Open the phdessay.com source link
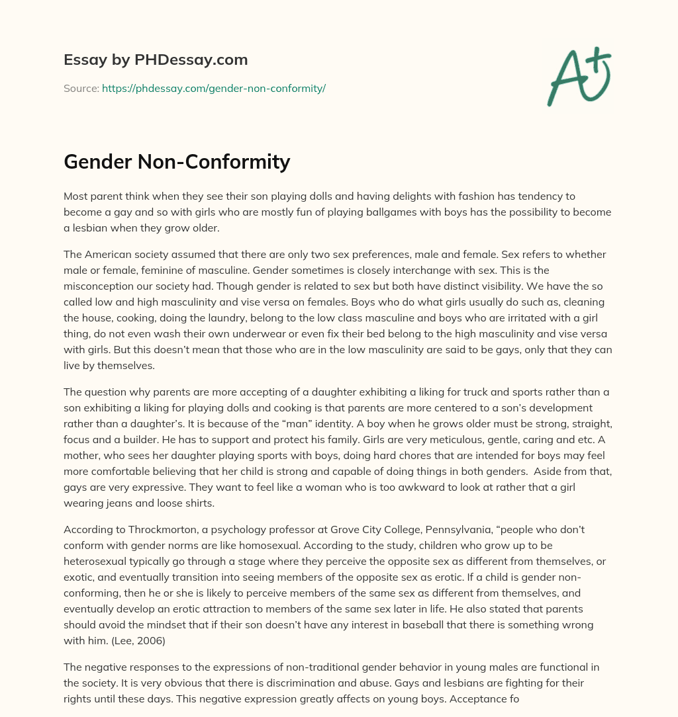coord(213,88)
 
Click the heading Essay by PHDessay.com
coord(156,60)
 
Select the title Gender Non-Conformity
coord(177,161)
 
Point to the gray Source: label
coord(81,88)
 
